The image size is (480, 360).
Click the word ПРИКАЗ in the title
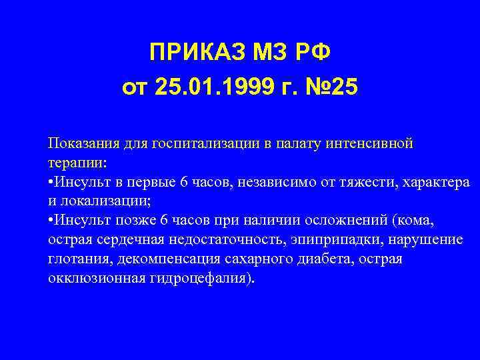point(193,51)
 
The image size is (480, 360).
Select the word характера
point(439,182)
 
